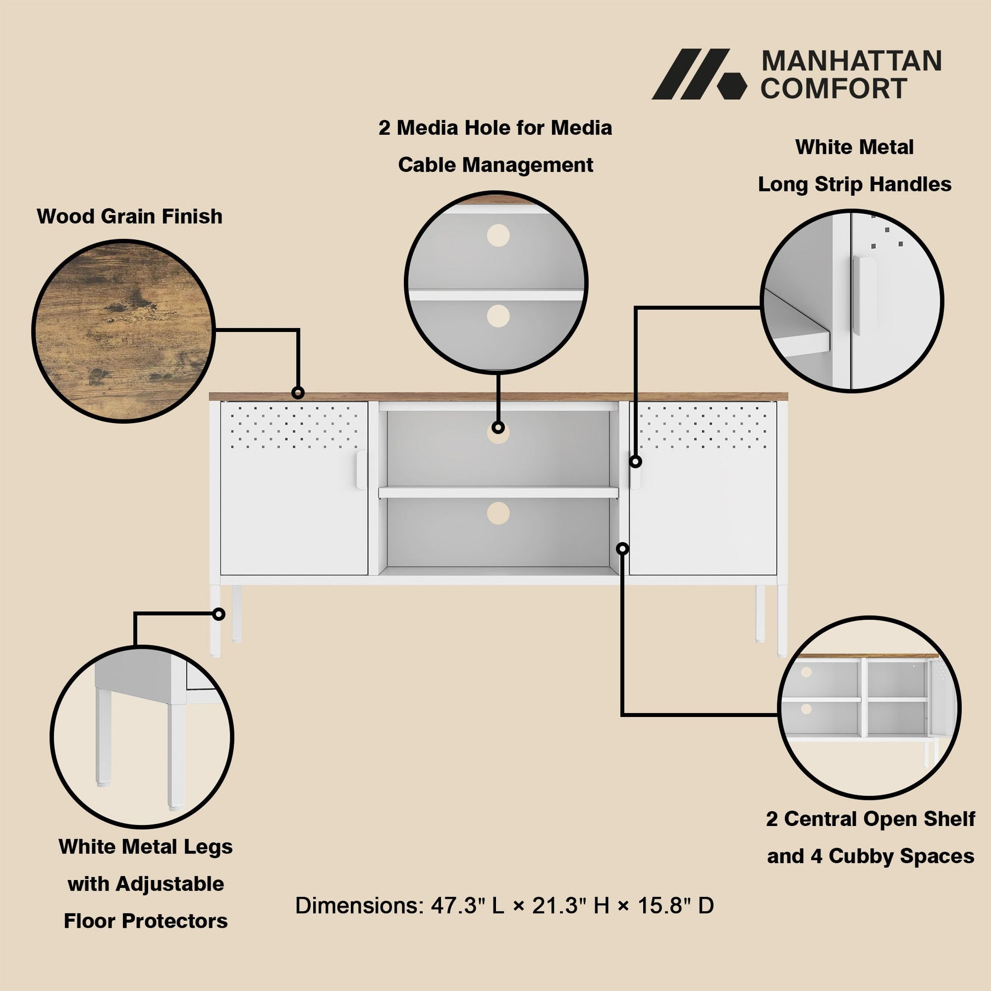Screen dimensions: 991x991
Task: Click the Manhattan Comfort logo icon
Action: [699, 74]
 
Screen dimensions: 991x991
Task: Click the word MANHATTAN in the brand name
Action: [851, 61]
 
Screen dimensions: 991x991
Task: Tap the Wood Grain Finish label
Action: [130, 216]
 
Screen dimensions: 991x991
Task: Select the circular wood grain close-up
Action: [123, 331]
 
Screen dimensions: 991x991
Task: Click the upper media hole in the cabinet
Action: [498, 433]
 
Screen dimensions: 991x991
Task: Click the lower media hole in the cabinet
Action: [498, 513]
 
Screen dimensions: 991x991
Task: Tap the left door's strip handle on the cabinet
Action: [361, 470]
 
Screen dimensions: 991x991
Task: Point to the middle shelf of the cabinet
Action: [498, 492]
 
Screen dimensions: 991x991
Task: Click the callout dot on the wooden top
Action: [297, 393]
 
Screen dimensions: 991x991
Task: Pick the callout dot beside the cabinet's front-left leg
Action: [218, 614]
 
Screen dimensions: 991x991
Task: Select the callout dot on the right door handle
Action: [636, 461]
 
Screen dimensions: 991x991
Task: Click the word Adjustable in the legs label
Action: [169, 884]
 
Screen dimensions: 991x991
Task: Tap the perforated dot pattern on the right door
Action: [703, 425]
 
